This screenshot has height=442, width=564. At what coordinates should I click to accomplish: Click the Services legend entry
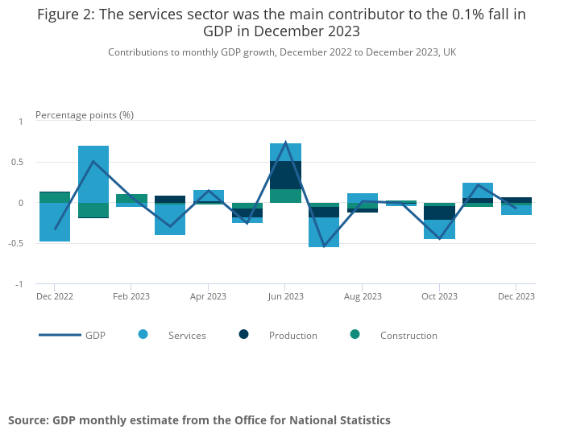pos(186,336)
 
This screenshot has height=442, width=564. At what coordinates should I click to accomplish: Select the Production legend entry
pos(292,336)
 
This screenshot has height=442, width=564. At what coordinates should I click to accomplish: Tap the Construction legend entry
pos(408,336)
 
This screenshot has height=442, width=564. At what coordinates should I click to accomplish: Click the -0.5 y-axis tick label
pos(22,243)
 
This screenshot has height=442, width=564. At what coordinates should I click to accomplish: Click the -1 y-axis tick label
pos(23,284)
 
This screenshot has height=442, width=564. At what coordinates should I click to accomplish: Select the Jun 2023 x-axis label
pos(286,296)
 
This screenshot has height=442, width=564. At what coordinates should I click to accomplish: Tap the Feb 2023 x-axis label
pos(131,296)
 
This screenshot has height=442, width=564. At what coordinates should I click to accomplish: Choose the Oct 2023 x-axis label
pos(440,296)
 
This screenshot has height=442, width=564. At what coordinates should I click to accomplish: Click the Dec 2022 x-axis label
pos(55,296)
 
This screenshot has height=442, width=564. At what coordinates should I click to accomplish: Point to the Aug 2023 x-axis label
pos(363,296)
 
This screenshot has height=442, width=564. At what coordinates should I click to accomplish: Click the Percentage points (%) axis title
pos(85,115)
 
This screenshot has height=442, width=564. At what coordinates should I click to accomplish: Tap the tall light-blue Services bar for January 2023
pos(93,173)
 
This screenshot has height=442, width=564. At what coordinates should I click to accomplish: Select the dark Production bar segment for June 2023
pos(286,175)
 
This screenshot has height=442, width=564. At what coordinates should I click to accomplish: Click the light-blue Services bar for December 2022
pos(55,221)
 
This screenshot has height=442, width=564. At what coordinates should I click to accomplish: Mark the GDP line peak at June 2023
pos(286,143)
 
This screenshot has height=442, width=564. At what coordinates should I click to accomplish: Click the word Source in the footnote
pos(27,420)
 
